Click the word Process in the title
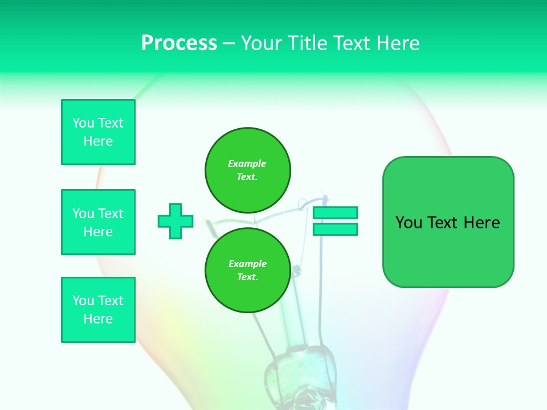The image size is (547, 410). [x=179, y=43]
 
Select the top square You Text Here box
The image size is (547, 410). [x=98, y=132]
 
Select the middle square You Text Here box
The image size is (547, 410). [x=98, y=222]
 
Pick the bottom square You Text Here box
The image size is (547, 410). [x=98, y=310]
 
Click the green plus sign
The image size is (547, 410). [x=175, y=221]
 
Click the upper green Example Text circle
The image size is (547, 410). [x=248, y=170]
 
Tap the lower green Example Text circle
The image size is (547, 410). [x=248, y=270]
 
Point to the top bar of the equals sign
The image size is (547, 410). [x=335, y=212]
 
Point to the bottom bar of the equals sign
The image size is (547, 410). [x=335, y=229]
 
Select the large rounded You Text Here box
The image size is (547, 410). [x=448, y=222]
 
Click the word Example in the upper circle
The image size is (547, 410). [x=247, y=163]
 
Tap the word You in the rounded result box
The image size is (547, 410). [x=409, y=223]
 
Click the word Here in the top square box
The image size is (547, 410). [x=98, y=141]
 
